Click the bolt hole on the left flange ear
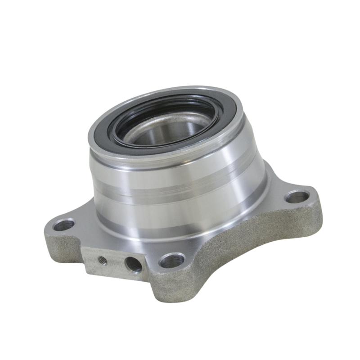coord(64,225)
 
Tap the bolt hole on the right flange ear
coord(297,197)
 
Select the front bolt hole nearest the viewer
coord(172,260)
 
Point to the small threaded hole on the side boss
coord(102,260)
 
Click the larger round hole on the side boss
coord(133,264)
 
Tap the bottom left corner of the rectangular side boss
coord(86,270)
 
